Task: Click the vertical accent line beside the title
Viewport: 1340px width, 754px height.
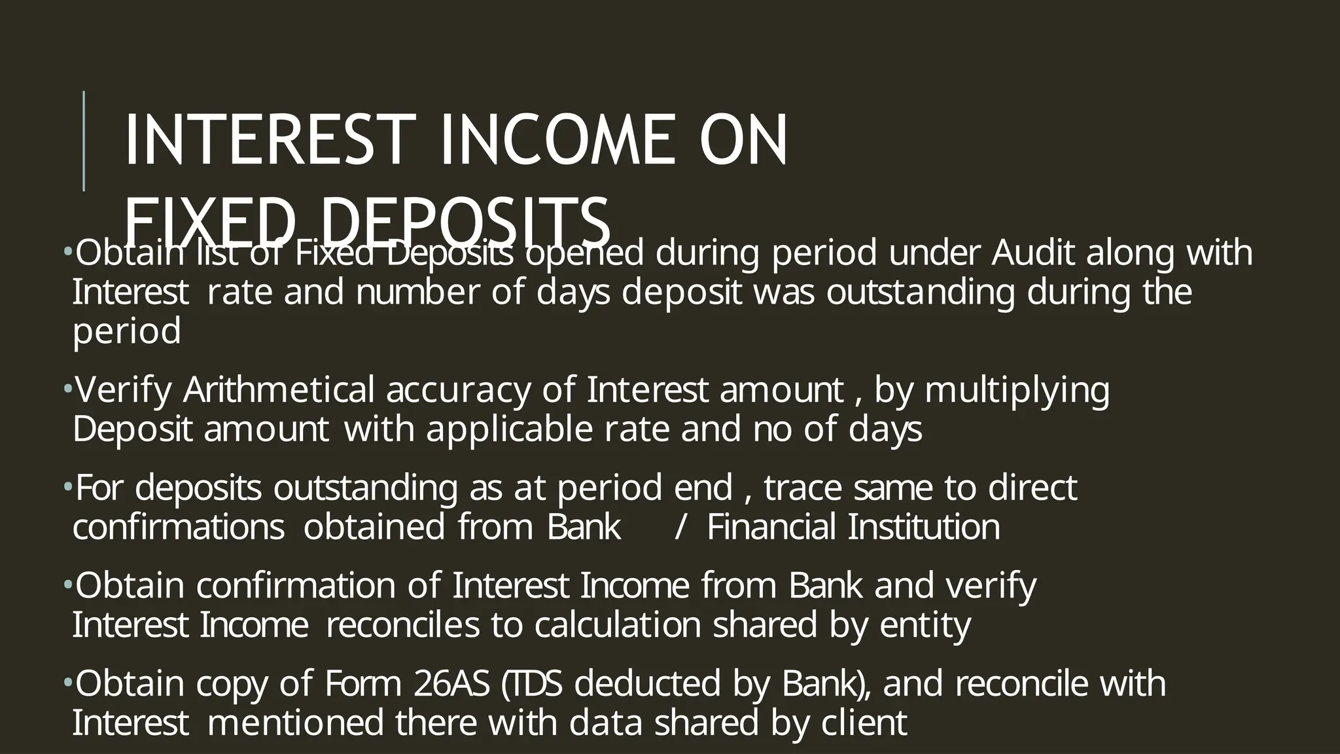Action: click(84, 141)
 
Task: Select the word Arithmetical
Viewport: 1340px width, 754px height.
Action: click(279, 390)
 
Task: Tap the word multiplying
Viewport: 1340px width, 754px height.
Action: click(1017, 390)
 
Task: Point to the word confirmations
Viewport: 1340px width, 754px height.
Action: click(178, 527)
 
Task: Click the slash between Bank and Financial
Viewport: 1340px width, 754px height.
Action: click(680, 527)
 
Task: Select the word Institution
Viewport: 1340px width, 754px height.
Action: click(924, 527)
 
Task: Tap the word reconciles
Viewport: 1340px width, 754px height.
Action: click(402, 625)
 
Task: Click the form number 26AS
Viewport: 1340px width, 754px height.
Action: click(451, 684)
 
